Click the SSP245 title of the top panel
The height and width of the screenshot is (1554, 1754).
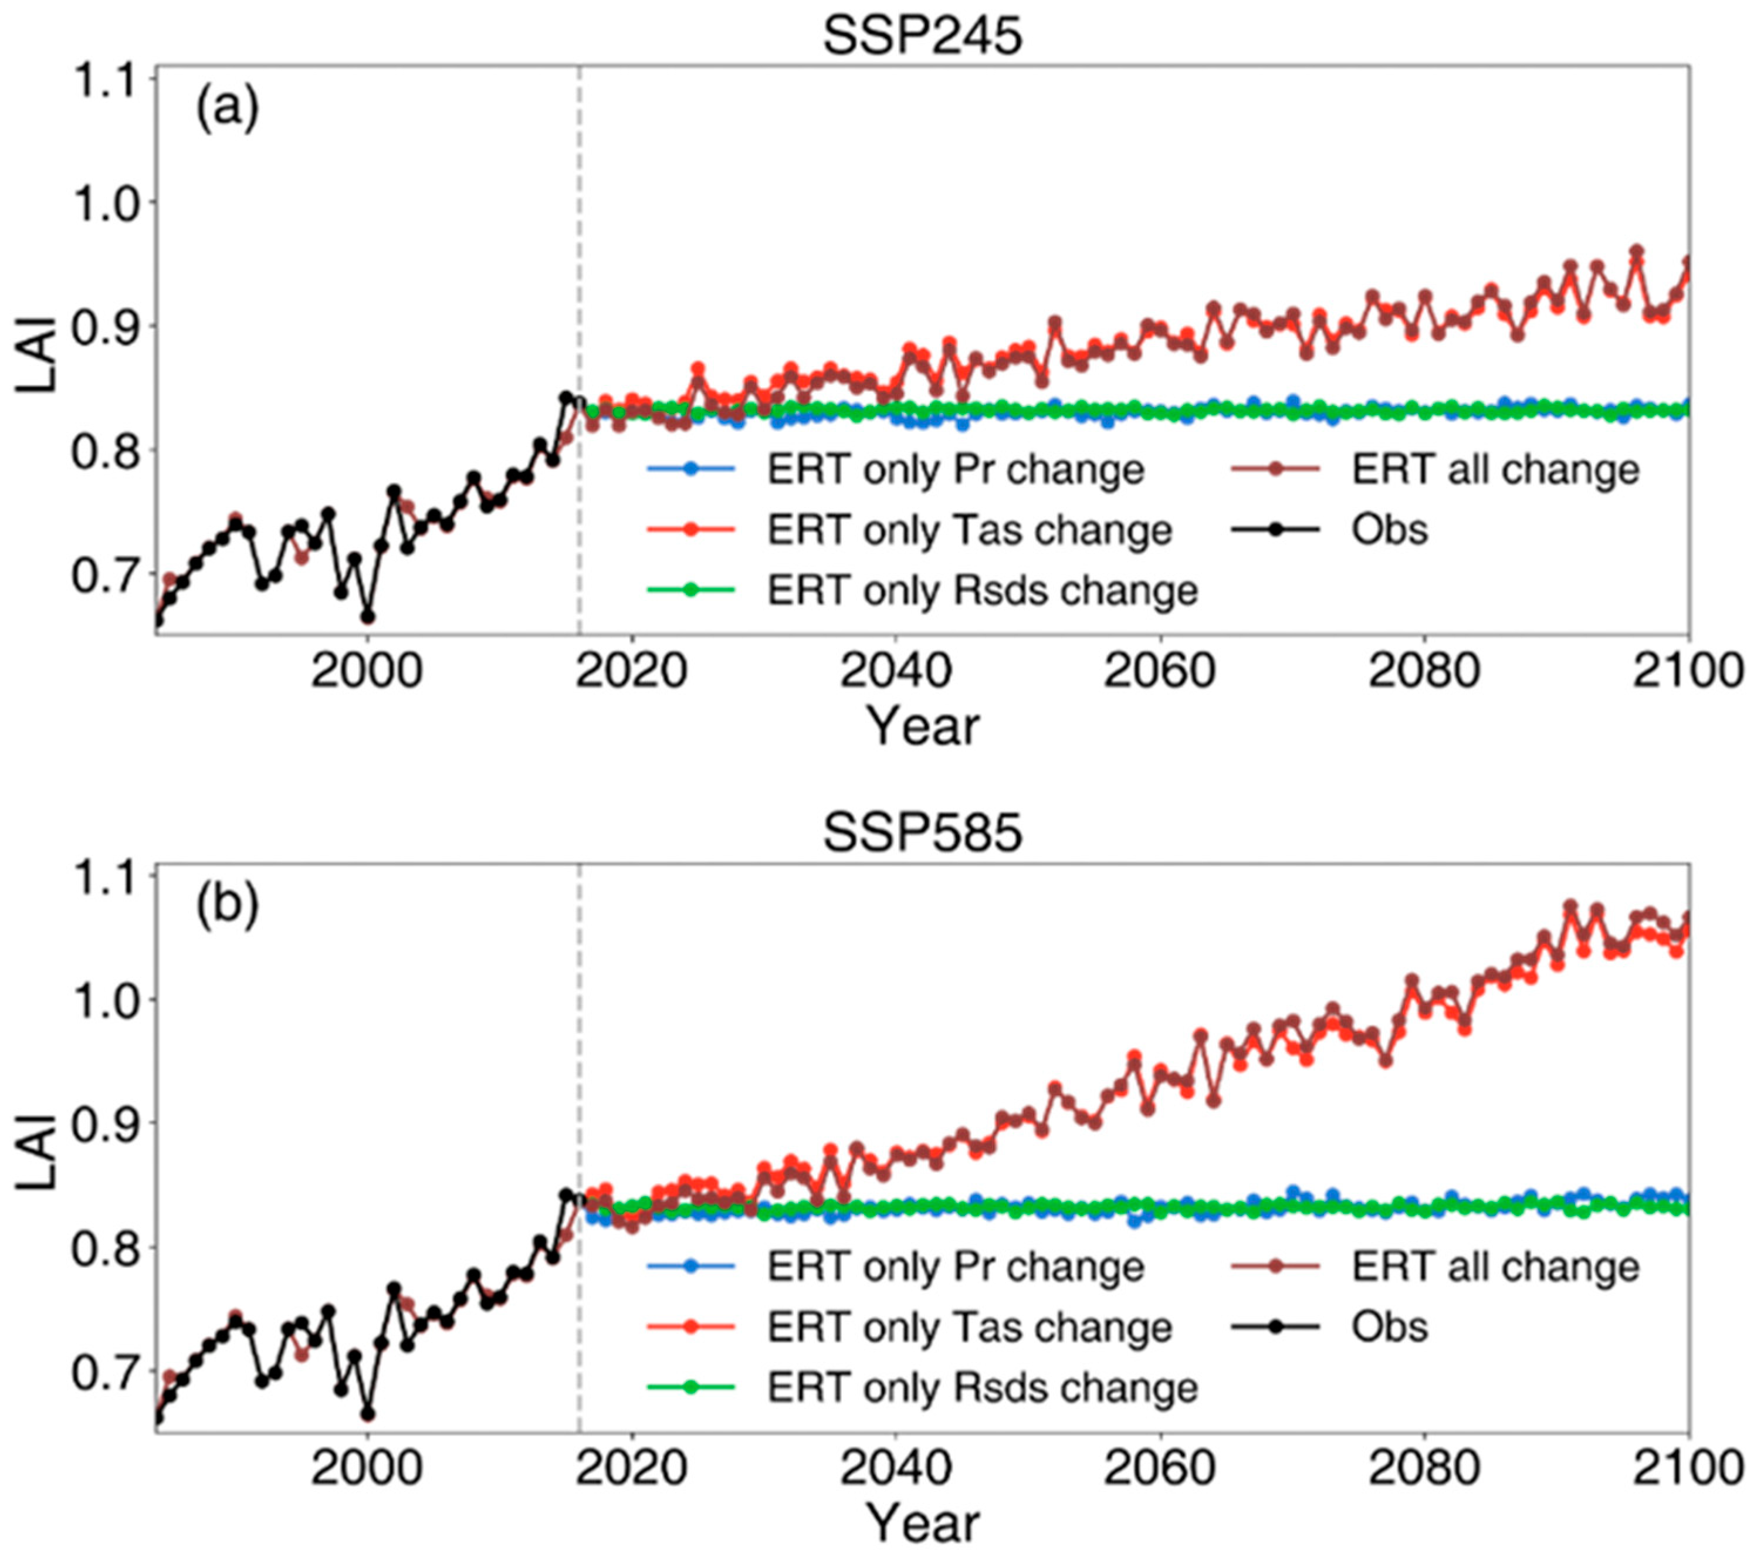[923, 36]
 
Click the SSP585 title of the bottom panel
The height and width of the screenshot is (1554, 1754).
[923, 833]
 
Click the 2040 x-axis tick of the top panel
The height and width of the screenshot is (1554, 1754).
[895, 670]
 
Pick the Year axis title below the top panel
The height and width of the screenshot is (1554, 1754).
[923, 727]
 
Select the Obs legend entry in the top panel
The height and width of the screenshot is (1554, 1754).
[1389, 530]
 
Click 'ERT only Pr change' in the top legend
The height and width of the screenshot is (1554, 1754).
[955, 469]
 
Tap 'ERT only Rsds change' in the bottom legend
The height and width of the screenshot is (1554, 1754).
[981, 1387]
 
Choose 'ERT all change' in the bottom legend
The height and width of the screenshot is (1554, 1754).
[1495, 1267]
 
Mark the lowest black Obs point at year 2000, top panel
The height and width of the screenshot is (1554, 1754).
[367, 617]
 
